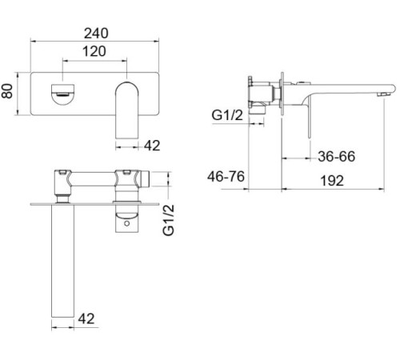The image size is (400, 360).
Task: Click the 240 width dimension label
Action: pyautogui.click(x=96, y=34)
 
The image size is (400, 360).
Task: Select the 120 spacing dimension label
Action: pyautogui.click(x=94, y=51)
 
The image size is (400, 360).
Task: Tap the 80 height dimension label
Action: pyautogui.click(x=7, y=91)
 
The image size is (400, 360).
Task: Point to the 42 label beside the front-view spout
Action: pyautogui.click(x=152, y=146)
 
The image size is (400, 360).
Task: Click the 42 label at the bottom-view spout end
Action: pyautogui.click(x=86, y=318)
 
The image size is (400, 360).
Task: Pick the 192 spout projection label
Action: pyautogui.click(x=332, y=181)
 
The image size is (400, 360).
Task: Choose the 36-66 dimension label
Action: pyautogui.click(x=337, y=156)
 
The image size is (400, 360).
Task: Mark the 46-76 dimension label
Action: pyautogui.click(x=226, y=177)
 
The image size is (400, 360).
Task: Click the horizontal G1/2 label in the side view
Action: pyautogui.click(x=227, y=115)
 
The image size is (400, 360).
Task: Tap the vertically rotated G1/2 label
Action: pyautogui.click(x=168, y=220)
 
